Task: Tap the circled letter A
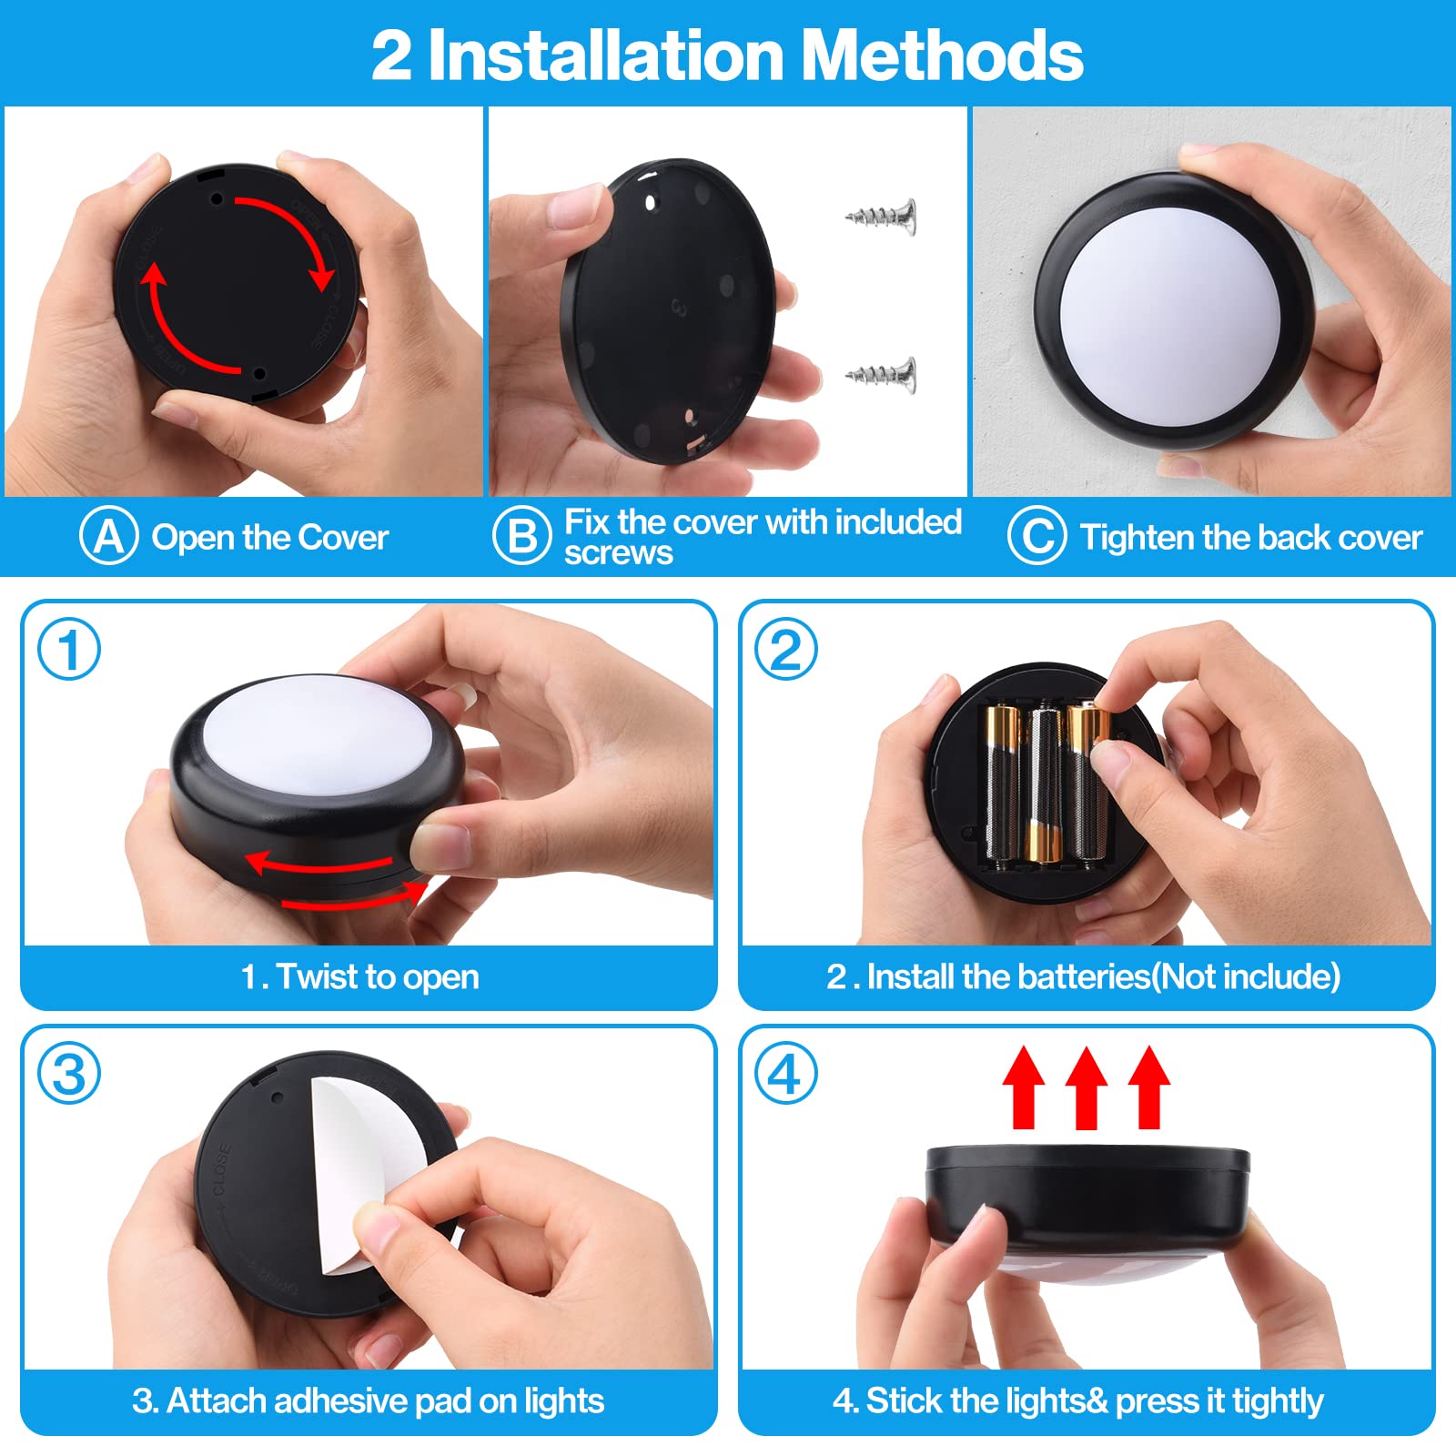click(108, 537)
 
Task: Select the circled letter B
click(521, 537)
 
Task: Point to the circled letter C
click(1036, 537)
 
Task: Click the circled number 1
click(68, 649)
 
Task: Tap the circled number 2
click(786, 649)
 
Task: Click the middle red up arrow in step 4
click(1086, 1087)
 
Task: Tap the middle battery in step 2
click(1044, 783)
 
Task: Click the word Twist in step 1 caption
click(318, 976)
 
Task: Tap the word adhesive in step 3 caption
click(328, 1400)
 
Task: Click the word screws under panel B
click(618, 553)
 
